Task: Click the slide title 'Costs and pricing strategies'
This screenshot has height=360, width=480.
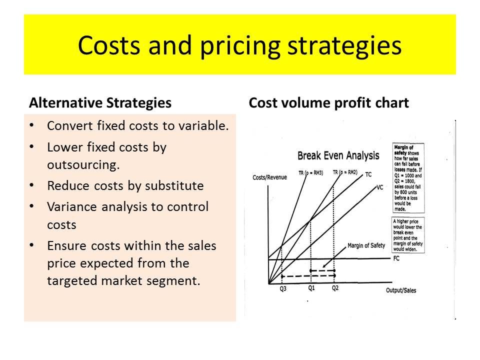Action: [239, 45]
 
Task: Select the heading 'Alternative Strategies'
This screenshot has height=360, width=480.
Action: [100, 103]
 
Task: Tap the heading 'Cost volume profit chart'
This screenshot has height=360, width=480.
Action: [328, 103]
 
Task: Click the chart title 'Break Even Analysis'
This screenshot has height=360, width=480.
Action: [338, 155]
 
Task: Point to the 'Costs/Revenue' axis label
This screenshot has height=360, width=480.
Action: [270, 177]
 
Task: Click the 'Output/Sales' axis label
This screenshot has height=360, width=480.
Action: [401, 290]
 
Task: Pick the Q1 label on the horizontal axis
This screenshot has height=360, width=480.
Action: [311, 288]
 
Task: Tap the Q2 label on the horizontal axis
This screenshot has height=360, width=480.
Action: [335, 288]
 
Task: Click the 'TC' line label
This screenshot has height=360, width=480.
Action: [368, 174]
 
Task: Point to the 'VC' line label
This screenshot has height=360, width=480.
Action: [379, 188]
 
